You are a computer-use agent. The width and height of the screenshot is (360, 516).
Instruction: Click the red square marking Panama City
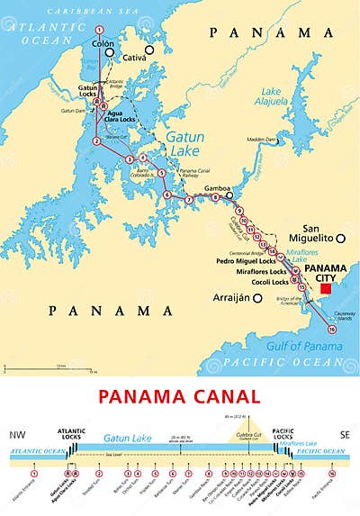326,290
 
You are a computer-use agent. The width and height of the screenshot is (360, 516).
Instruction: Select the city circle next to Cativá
152,50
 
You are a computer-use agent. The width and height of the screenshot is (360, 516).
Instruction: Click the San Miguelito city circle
341,238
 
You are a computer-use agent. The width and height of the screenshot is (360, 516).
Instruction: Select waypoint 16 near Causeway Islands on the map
332,330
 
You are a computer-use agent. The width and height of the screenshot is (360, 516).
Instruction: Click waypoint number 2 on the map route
96,140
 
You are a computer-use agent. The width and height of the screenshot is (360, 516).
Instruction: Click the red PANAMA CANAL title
179,396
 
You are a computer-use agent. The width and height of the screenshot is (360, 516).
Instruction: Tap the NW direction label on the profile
17,435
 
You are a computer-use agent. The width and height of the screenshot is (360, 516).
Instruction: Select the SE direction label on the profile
342,435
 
